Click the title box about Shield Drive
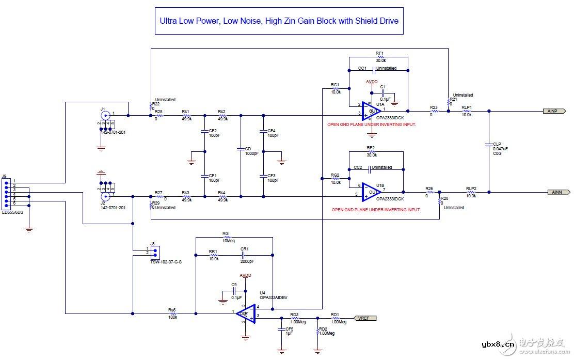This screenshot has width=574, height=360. (x=279, y=21)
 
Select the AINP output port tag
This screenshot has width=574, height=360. (x=555, y=111)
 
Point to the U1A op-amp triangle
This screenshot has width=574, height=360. (x=371, y=110)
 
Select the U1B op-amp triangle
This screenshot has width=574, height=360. (x=371, y=192)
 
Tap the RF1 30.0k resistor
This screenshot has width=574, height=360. (x=380, y=57)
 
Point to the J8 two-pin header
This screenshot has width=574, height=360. (x=154, y=252)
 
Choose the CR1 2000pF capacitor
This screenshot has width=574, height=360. (x=245, y=255)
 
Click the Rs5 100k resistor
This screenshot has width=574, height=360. (x=172, y=314)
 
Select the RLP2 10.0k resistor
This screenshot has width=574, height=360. (x=470, y=192)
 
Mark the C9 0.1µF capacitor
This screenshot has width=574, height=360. (x=234, y=290)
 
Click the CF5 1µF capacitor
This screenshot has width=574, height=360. (x=281, y=330)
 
